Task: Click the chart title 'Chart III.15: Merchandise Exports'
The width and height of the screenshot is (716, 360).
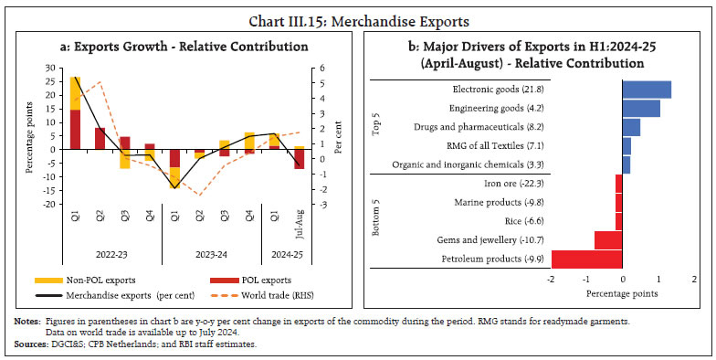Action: [358, 12]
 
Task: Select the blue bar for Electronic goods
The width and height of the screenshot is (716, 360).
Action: [647, 90]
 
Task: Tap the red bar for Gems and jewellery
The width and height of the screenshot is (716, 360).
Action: [608, 239]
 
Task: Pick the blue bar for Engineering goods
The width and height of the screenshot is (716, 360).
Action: [641, 109]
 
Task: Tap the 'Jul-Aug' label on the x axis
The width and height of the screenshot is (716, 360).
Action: [300, 225]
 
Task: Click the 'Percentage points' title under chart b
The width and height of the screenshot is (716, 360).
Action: [622, 293]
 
